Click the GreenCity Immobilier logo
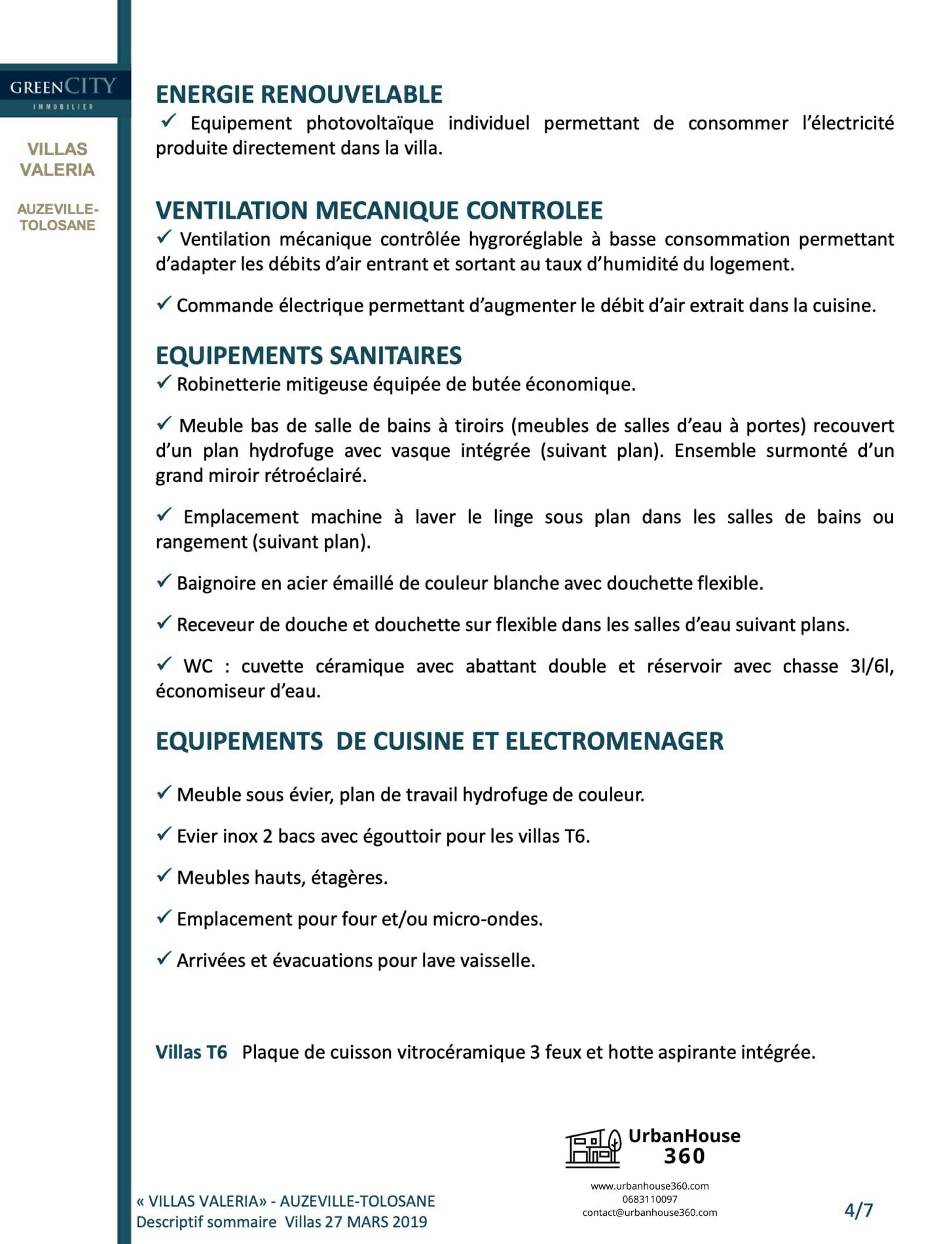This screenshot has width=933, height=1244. point(63,92)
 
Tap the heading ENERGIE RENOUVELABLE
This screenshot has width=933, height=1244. point(299,94)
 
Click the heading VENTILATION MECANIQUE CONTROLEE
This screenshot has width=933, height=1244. point(379,210)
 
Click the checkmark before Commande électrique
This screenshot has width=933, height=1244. point(164,304)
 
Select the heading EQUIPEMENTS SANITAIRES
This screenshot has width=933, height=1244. point(308,356)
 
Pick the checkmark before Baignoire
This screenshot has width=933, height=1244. point(164,581)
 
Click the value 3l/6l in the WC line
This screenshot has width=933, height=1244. point(871,667)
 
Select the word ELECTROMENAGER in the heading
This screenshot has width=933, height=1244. point(614,741)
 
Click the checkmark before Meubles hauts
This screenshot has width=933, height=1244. point(164,876)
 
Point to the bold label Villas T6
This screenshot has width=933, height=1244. point(191,1052)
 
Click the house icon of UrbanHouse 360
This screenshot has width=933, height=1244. point(593,1148)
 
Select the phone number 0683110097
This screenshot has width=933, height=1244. point(649,1199)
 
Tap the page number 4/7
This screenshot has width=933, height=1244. point(858,1210)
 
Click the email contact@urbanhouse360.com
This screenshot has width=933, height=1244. point(649,1213)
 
